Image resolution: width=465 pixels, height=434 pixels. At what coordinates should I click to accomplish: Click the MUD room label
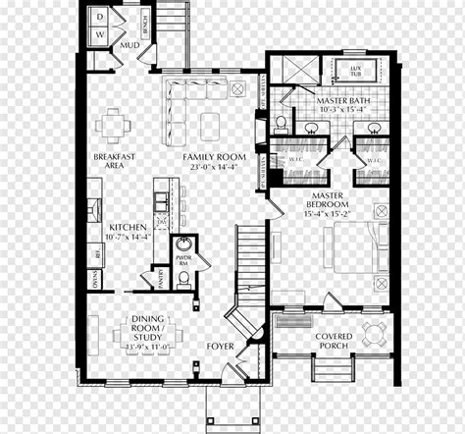(129, 44)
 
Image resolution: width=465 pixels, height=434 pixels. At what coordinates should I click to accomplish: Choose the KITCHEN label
(128, 225)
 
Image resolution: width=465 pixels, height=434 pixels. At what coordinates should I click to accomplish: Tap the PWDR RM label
(183, 257)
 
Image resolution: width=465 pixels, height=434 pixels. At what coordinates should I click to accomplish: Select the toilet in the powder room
(183, 279)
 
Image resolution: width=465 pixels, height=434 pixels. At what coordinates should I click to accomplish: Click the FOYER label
(221, 346)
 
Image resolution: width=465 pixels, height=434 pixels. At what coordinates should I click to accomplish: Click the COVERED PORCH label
(334, 342)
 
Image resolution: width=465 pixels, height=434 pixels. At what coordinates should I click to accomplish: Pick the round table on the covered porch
(374, 330)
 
